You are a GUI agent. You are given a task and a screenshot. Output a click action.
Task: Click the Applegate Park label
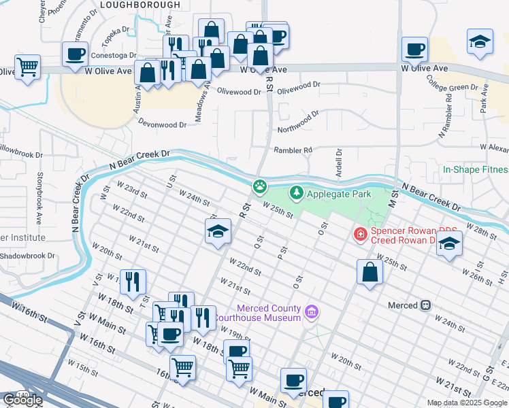[x=339, y=194]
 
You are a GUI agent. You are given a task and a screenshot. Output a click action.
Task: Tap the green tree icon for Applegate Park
[x=297, y=194]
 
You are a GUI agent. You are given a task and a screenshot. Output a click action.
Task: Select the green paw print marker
[x=260, y=186]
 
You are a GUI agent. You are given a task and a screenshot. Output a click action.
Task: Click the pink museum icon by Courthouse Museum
[x=312, y=313]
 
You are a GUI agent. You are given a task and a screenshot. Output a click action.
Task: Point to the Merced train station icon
[x=427, y=305]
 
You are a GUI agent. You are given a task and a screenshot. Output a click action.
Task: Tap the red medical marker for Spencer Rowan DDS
[x=359, y=235]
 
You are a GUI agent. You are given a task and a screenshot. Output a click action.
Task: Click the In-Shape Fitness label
[x=475, y=169]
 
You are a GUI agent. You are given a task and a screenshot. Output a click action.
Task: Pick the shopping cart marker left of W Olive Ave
[x=27, y=67]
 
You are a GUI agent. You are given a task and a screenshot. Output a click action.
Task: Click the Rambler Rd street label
[x=293, y=150]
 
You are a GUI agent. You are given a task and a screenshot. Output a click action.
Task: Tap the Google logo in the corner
[x=22, y=400]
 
